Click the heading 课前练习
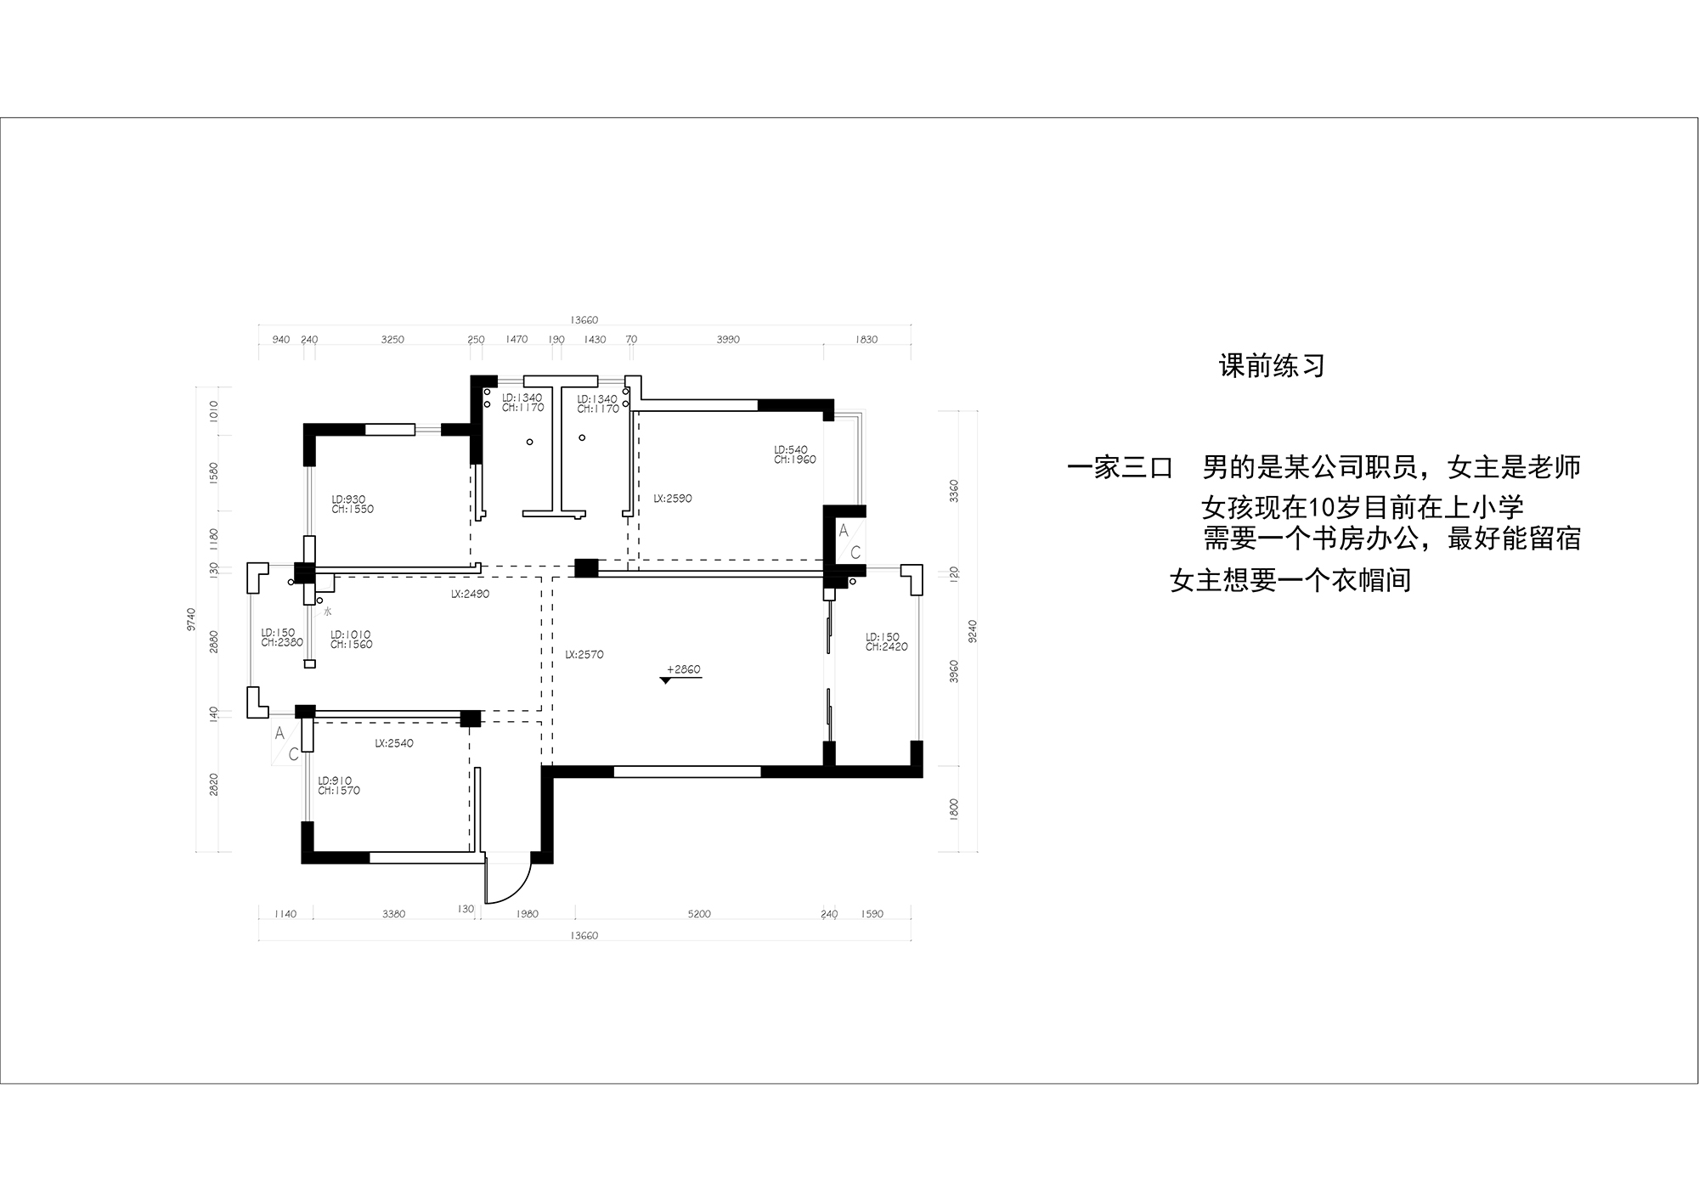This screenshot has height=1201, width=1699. point(1272,367)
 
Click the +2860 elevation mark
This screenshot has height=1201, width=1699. point(683,670)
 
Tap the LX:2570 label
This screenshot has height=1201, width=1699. point(584,655)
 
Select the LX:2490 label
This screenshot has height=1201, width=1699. point(470,595)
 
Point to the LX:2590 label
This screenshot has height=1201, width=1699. point(672,499)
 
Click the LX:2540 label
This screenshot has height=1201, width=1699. point(394,743)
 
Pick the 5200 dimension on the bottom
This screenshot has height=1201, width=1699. point(699,914)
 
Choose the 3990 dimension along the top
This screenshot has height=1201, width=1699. point(728,340)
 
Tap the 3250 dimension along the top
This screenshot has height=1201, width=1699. point(392,340)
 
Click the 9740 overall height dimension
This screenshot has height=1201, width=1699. point(192,618)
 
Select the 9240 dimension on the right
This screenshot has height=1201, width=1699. point(974,630)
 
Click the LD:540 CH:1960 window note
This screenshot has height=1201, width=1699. point(794,454)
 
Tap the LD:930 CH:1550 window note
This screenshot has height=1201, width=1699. point(353,505)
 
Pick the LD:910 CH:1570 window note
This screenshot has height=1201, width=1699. point(339,786)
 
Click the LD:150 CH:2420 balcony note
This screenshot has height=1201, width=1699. point(886,642)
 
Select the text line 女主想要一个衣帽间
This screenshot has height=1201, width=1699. point(1290,581)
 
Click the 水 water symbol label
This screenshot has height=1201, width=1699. point(328,611)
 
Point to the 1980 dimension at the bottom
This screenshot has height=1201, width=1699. point(527,914)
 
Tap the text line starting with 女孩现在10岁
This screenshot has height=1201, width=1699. point(1362,508)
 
